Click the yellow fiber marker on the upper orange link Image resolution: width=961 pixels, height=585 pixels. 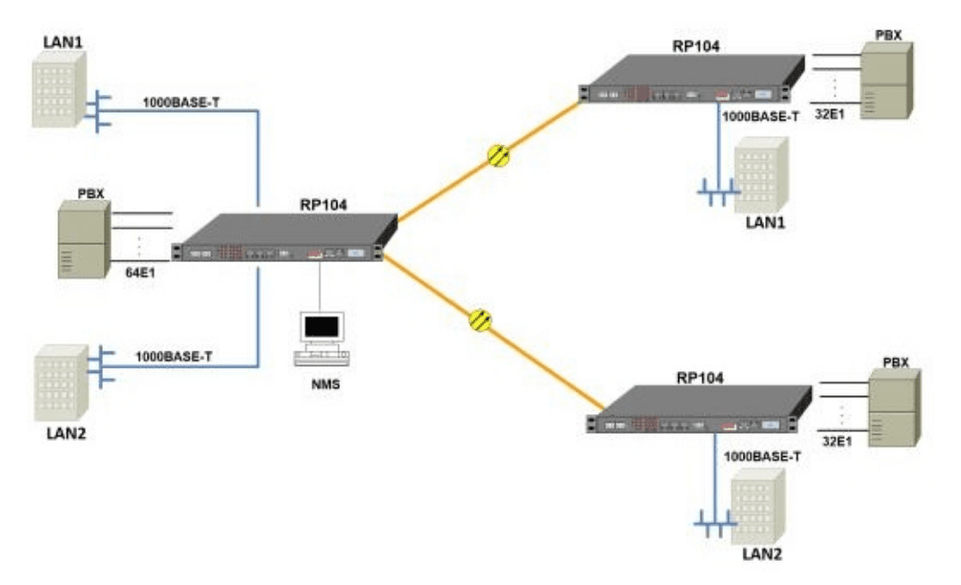(x=499, y=155)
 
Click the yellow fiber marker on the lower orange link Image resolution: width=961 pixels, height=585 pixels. (x=480, y=319)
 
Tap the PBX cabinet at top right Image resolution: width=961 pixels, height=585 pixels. (x=884, y=81)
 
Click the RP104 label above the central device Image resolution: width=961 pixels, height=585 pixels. (x=324, y=205)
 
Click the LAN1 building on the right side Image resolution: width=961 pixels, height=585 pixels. (x=761, y=175)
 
